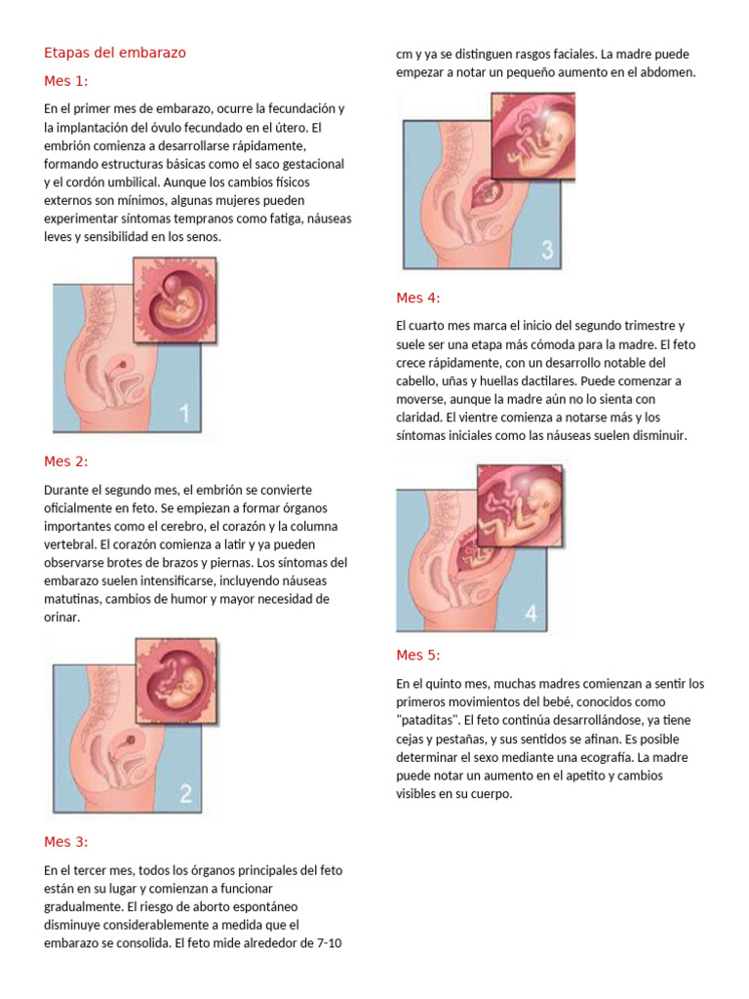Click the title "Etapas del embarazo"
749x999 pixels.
coord(115,53)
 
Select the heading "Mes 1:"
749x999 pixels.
coord(66,80)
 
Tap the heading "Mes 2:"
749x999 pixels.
coord(66,461)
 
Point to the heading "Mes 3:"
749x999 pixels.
coord(66,842)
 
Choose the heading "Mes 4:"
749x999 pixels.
coord(418,298)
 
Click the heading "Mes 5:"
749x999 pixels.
coord(418,655)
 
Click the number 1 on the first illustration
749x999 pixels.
coord(185,414)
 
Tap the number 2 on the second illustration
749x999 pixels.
coord(185,793)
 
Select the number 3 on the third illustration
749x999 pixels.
coord(546,250)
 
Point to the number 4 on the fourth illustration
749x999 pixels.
coord(531,613)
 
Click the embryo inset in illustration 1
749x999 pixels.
coord(174,300)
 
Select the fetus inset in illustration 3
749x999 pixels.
coord(532,136)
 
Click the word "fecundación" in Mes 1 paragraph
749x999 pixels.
coord(296,108)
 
